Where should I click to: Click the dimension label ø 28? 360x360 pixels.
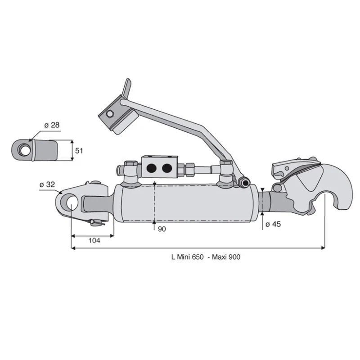tap(52, 125)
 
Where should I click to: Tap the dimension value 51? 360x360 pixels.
tap(79, 151)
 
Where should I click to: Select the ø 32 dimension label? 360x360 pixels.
tap(47, 184)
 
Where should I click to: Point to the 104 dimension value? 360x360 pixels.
tap(94, 241)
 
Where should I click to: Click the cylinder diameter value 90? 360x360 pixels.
tap(162, 229)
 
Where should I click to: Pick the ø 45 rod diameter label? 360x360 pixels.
tap(273, 224)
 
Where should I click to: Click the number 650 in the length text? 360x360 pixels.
tap(198, 256)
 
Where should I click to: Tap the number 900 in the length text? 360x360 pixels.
tap(234, 256)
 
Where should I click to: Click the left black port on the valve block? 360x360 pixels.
tap(151, 168)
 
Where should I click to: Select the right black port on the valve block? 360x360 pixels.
tap(167, 168)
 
